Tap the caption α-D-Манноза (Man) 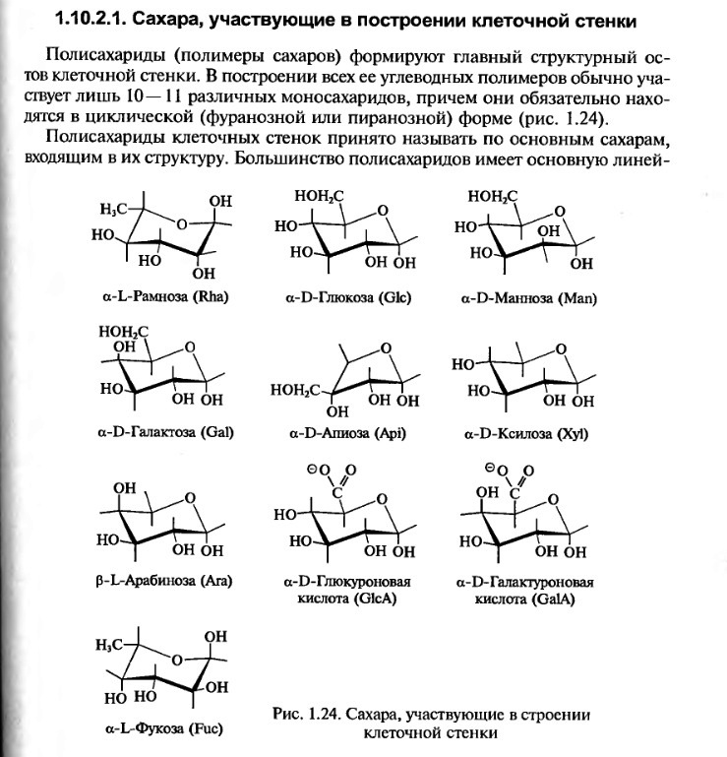(x=529, y=296)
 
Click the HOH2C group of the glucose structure (x=319, y=198)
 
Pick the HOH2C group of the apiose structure (x=294, y=391)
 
